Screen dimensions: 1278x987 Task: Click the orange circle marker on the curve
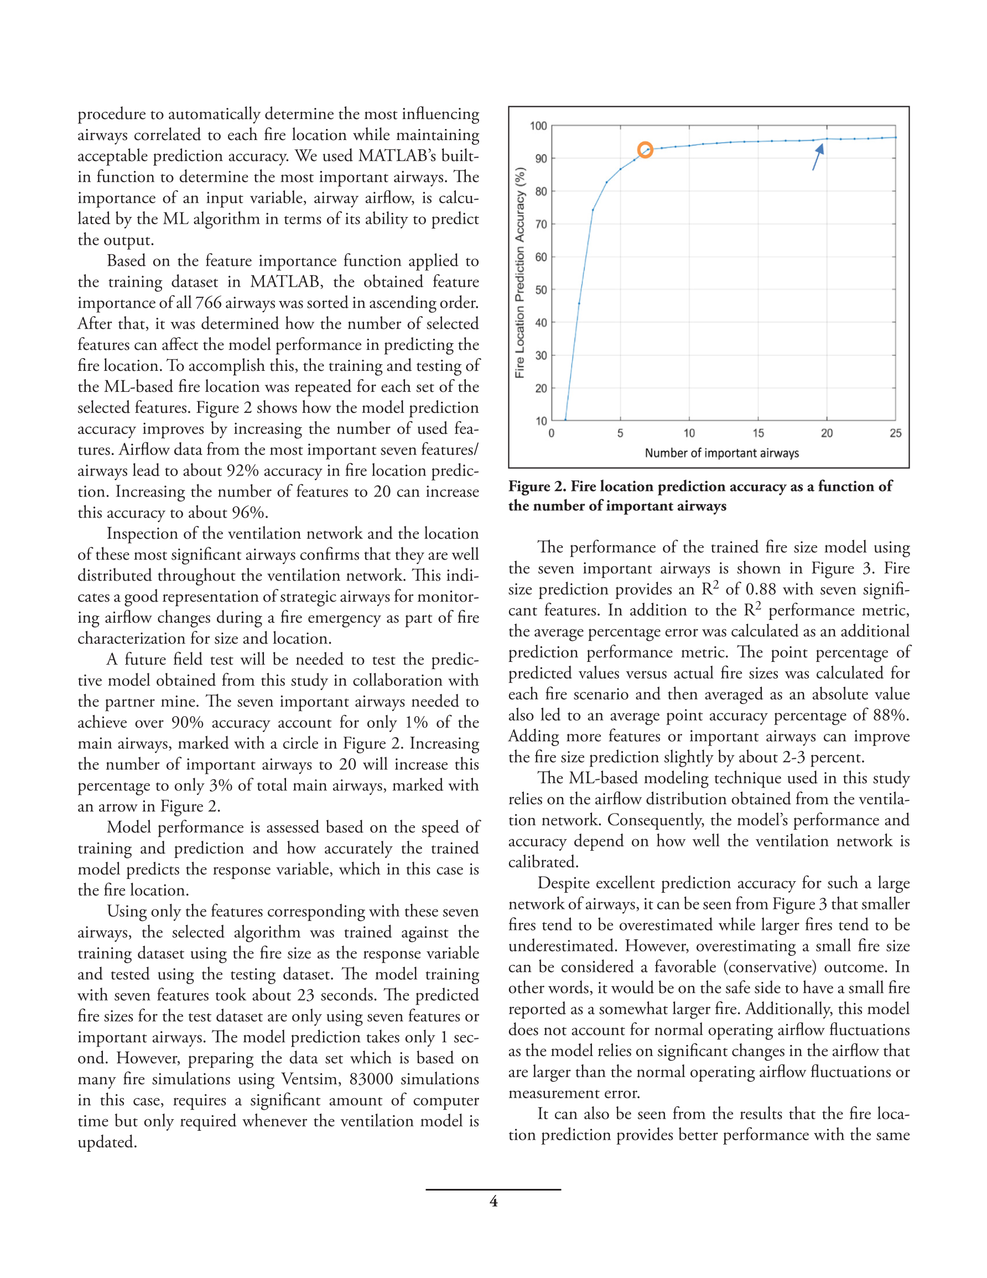(x=645, y=150)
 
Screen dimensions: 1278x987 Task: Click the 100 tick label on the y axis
(x=538, y=126)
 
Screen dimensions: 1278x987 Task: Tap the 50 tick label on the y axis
(x=541, y=289)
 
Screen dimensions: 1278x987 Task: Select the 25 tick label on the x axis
(x=895, y=433)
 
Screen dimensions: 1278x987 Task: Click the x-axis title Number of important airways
(x=721, y=453)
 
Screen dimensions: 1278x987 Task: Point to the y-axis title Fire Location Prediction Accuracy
(x=520, y=272)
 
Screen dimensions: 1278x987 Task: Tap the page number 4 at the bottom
(x=493, y=1202)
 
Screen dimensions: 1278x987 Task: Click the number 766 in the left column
(x=208, y=303)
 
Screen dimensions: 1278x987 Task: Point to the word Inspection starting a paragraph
(x=144, y=534)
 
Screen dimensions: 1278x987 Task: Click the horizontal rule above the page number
(x=493, y=1189)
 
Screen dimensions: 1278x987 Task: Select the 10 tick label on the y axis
(x=541, y=421)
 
